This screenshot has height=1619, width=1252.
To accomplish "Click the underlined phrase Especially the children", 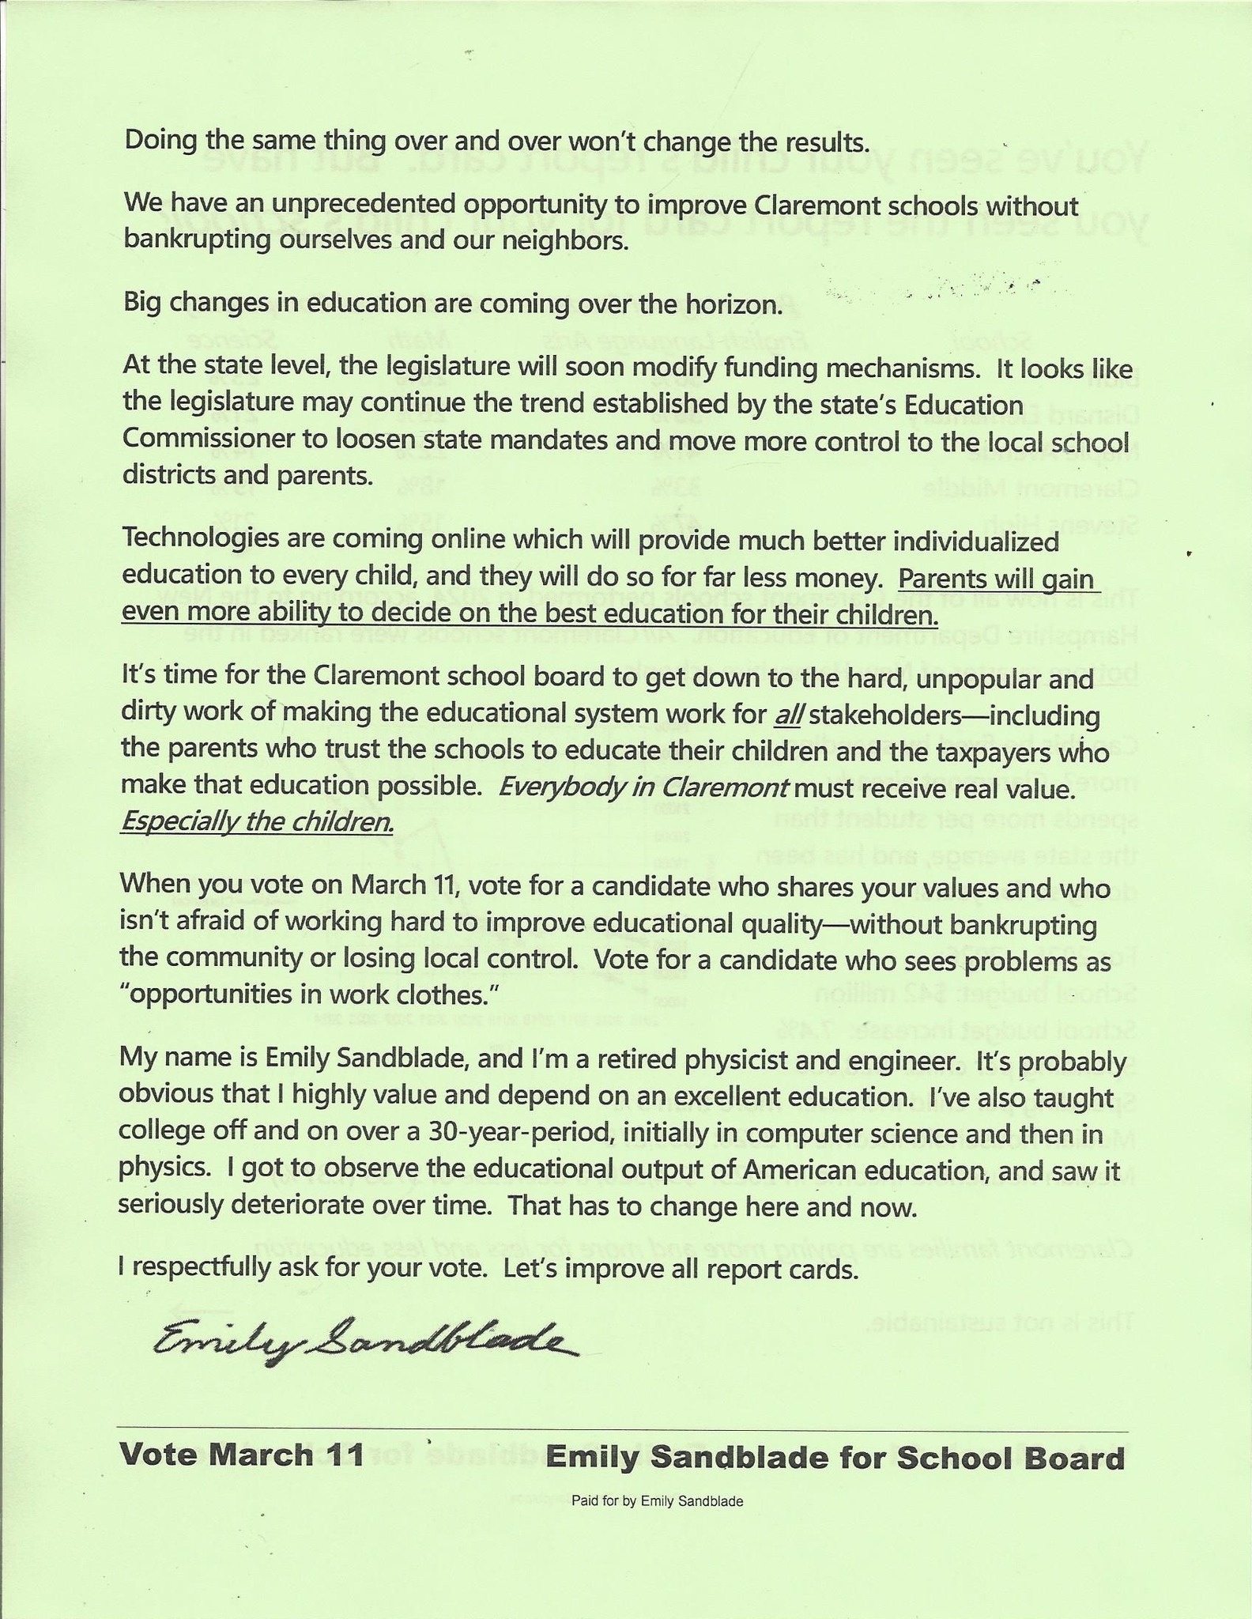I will click(x=257, y=823).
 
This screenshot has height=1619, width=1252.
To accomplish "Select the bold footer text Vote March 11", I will click(x=242, y=1455).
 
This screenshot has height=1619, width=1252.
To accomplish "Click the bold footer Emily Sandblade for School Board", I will click(x=834, y=1457).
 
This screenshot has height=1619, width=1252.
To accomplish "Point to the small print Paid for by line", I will click(x=657, y=1501).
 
